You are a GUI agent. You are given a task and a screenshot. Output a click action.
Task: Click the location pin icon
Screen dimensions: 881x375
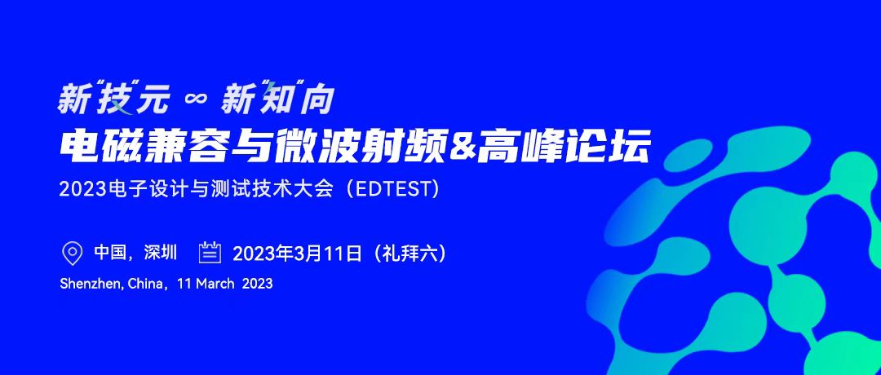(71, 254)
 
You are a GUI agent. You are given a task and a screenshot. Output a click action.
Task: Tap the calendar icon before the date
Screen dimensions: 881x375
(210, 253)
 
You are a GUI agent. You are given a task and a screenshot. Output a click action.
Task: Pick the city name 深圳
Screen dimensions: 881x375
(160, 253)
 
